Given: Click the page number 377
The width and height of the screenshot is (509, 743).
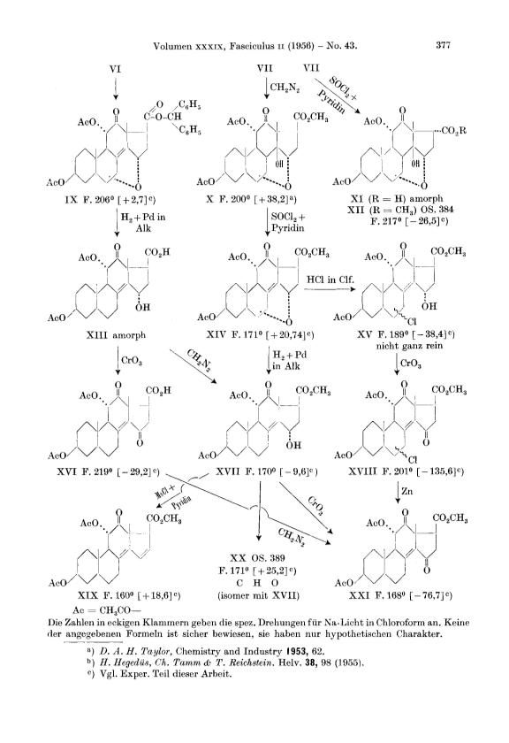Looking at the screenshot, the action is click(443, 45).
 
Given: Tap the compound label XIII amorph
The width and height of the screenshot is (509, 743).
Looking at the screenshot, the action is click(116, 335).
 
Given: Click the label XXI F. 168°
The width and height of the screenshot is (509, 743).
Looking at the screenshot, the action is click(376, 595).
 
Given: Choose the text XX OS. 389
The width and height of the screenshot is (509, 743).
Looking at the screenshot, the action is click(257, 558).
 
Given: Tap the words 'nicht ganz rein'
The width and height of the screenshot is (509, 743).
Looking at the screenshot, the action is click(410, 346).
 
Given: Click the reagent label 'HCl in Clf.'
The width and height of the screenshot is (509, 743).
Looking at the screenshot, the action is click(330, 280).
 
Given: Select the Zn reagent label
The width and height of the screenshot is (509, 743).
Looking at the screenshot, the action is click(407, 492).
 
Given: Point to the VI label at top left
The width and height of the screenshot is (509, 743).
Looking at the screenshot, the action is click(115, 69).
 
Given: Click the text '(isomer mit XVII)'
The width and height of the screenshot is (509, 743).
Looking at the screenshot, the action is click(259, 595).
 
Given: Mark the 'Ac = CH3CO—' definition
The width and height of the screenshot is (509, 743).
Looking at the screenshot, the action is click(108, 609).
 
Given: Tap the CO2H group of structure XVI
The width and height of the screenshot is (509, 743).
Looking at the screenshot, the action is click(158, 391).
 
